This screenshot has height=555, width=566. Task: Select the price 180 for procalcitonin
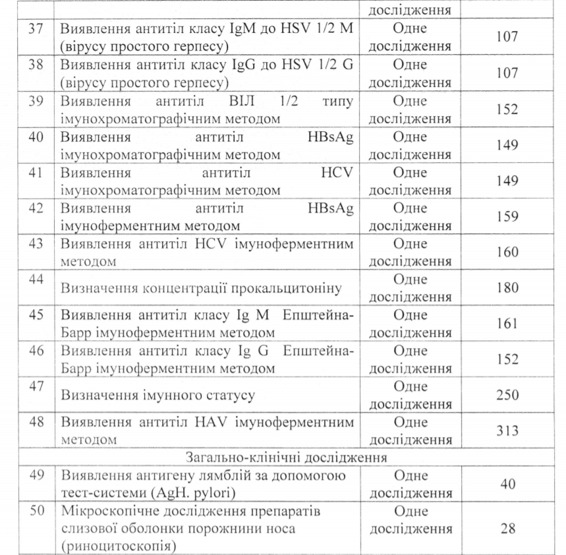(508, 288)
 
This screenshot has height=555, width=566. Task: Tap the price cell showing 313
(508, 430)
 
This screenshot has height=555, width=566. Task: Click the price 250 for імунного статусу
(508, 395)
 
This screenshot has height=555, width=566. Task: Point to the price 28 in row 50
(508, 529)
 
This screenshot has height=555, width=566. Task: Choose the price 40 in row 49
(508, 484)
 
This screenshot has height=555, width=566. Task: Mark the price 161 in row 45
(508, 324)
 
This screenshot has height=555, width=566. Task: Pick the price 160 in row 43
(508, 252)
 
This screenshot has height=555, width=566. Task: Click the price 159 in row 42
(508, 217)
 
